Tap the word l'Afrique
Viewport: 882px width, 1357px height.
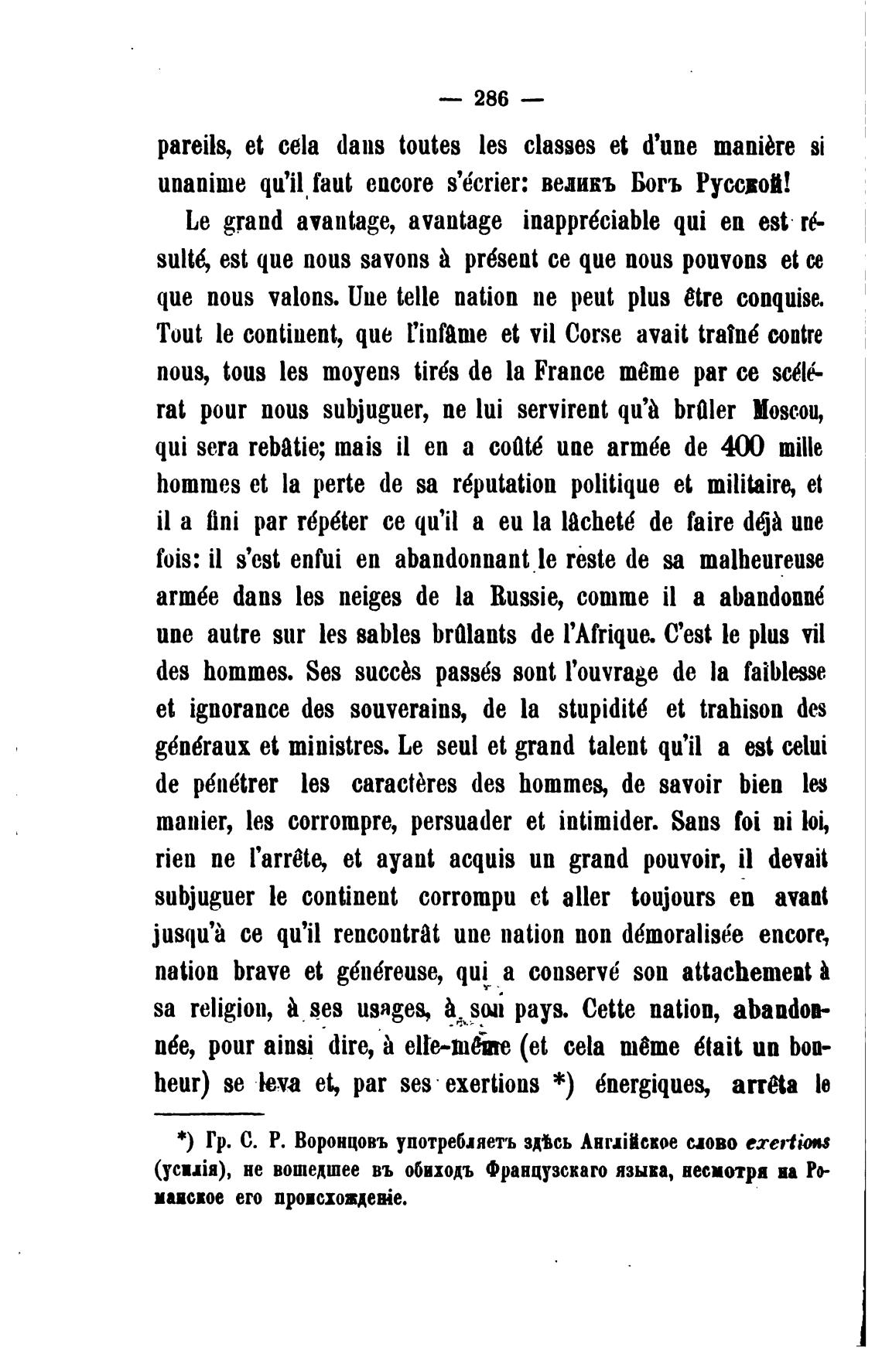[x=593, y=635]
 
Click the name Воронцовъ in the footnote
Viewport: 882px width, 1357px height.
[x=339, y=1142]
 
